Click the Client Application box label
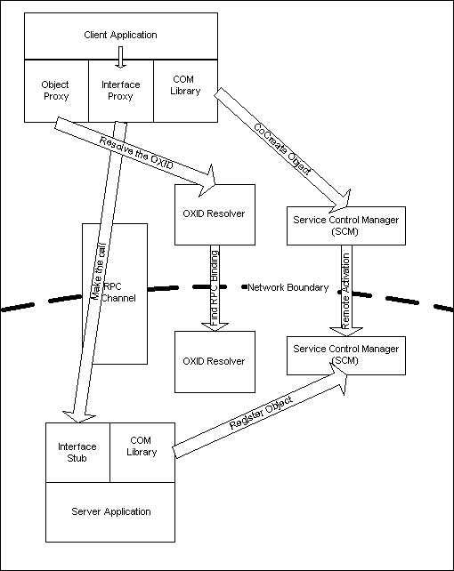[120, 35]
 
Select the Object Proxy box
[56, 91]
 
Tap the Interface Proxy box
[121, 91]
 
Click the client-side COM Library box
[186, 91]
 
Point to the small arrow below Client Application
[120, 57]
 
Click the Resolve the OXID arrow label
[136, 153]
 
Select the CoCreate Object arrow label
[282, 149]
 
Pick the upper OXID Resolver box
[215, 214]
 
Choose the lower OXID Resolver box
[215, 362]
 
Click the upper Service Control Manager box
[346, 226]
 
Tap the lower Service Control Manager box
[346, 356]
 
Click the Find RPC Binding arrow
[215, 288]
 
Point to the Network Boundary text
[288, 287]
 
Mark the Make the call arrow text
[98, 271]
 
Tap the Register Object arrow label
[261, 412]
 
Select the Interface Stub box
[77, 453]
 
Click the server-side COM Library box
[142, 453]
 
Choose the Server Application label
[111, 511]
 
